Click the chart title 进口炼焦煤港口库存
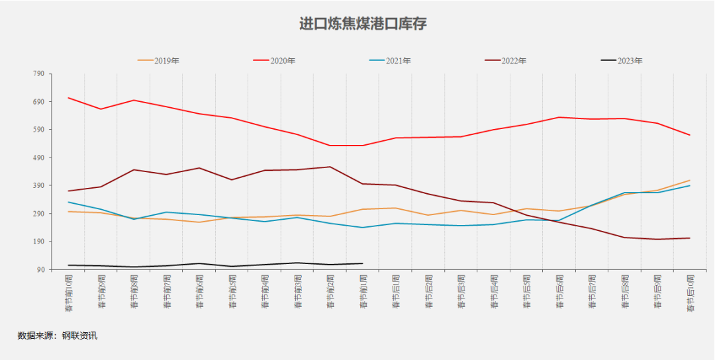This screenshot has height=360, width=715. (363, 24)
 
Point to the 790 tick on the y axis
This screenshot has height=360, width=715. (38, 74)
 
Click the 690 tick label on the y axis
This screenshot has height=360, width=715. (38, 102)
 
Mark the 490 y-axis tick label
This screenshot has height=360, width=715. (38, 157)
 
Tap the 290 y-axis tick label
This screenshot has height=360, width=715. (38, 214)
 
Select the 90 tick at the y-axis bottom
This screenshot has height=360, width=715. (39, 269)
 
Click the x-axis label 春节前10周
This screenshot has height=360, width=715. (68, 292)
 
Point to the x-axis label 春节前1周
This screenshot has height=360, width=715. (363, 292)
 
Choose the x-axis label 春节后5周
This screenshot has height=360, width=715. (526, 292)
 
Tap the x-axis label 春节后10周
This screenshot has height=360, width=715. (691, 292)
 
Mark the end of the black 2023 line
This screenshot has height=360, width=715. (363, 263)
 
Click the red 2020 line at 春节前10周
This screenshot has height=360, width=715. (68, 98)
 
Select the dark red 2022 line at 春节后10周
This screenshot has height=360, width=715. (690, 238)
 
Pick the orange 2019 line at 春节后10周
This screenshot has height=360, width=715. (690, 180)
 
